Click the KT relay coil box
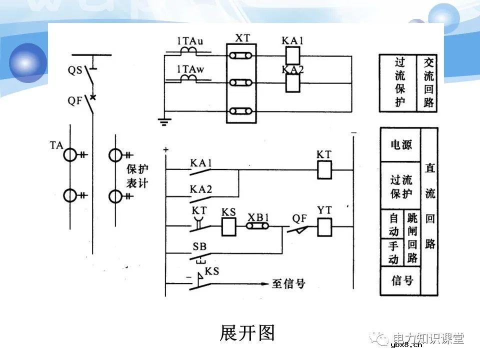point(325,170)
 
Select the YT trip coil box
point(325,227)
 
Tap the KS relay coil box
point(229,227)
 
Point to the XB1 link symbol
point(258,227)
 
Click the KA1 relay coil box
point(292,54)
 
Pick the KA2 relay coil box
point(292,83)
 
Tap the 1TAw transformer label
point(190,68)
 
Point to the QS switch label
point(75,70)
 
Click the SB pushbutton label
point(199,247)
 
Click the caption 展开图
point(247,332)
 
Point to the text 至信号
point(288,284)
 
